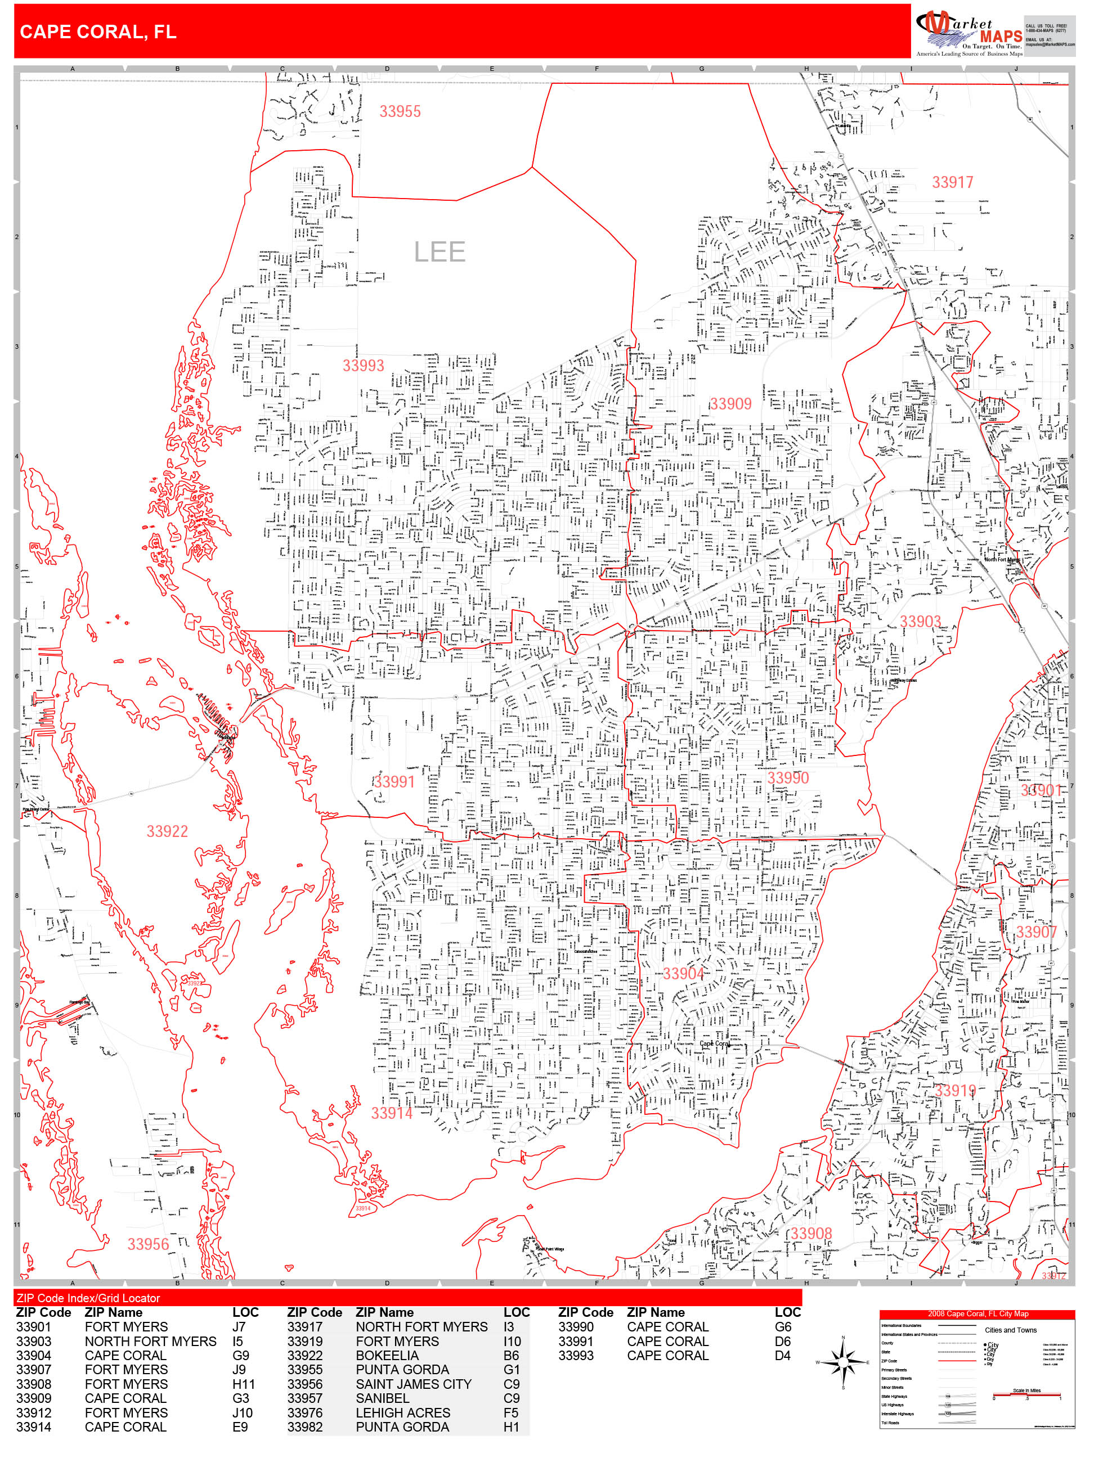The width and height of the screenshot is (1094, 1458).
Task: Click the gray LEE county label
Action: coord(439,252)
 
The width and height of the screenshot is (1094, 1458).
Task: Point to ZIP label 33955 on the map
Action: coord(400,111)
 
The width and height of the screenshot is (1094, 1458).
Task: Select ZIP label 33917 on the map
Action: coord(952,183)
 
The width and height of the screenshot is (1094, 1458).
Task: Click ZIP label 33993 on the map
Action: coord(362,366)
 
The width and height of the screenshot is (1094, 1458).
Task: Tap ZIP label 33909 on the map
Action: coord(730,404)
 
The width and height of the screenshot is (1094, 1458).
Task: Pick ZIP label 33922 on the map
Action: coord(167,831)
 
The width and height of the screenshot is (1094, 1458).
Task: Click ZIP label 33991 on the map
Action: coord(394,782)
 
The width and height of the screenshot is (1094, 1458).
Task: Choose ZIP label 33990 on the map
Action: coord(787,778)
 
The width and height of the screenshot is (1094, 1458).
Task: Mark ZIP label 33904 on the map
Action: coord(683,974)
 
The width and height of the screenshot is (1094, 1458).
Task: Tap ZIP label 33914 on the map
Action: coord(391,1113)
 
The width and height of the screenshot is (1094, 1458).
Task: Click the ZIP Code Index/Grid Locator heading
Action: coord(88,1298)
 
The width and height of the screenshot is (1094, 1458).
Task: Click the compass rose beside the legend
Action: coord(843,1362)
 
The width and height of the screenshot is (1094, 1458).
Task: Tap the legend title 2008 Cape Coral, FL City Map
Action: coord(978,1313)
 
